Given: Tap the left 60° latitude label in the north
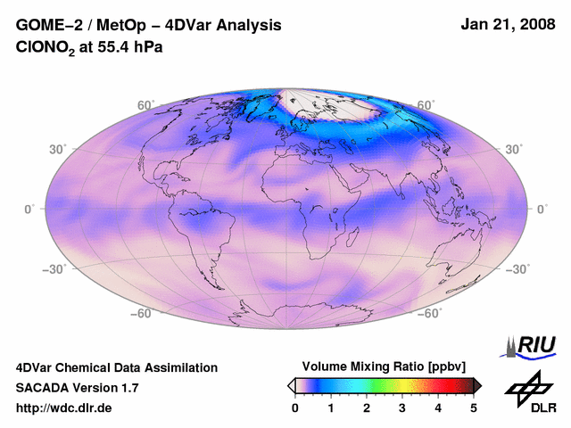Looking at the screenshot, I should [x=145, y=105].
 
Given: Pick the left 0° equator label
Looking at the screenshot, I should [x=29, y=209].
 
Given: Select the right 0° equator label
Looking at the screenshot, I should [x=542, y=209].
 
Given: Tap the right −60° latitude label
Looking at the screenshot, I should [x=428, y=314].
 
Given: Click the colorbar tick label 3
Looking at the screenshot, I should [x=402, y=407].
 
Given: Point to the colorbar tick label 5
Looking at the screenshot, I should [x=474, y=407].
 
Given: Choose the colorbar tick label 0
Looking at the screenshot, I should [x=295, y=407].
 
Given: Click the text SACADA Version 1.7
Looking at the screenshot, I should [x=77, y=388].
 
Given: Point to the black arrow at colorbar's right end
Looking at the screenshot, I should [x=477, y=385].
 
